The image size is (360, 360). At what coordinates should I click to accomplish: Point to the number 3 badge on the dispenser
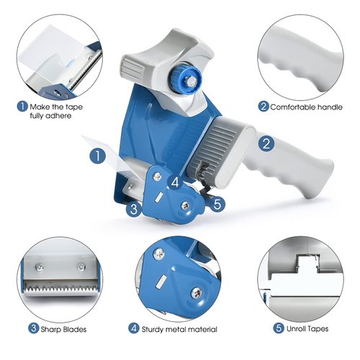(132, 210)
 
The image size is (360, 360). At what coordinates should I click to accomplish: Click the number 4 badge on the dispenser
(175, 181)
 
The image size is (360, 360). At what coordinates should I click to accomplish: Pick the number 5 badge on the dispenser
(220, 204)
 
